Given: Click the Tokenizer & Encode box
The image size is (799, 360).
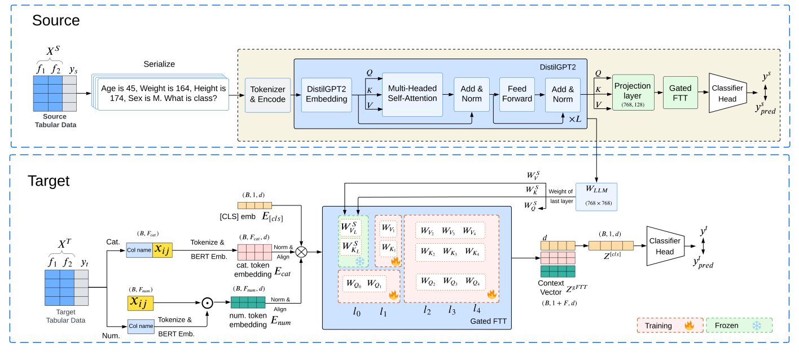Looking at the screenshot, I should [x=267, y=95].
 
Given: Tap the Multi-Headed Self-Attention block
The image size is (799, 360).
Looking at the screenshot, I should [x=412, y=94].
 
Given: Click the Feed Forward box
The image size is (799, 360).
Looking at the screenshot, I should [x=516, y=94].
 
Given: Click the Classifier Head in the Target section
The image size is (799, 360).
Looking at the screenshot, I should [x=665, y=245].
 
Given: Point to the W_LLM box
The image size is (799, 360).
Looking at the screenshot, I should [x=596, y=196].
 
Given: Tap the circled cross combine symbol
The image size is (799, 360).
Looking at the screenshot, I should [x=302, y=252].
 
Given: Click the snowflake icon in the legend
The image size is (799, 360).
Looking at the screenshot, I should [x=756, y=326].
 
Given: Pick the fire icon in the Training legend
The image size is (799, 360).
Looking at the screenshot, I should [x=688, y=326].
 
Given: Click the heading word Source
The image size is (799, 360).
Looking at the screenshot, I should [x=56, y=21].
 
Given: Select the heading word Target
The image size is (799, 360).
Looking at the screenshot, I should [x=49, y=181].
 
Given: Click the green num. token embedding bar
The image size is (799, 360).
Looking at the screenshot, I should [x=248, y=302].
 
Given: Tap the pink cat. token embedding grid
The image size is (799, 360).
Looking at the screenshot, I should [x=254, y=252].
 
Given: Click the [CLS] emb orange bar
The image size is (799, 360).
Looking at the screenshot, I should [x=254, y=206].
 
